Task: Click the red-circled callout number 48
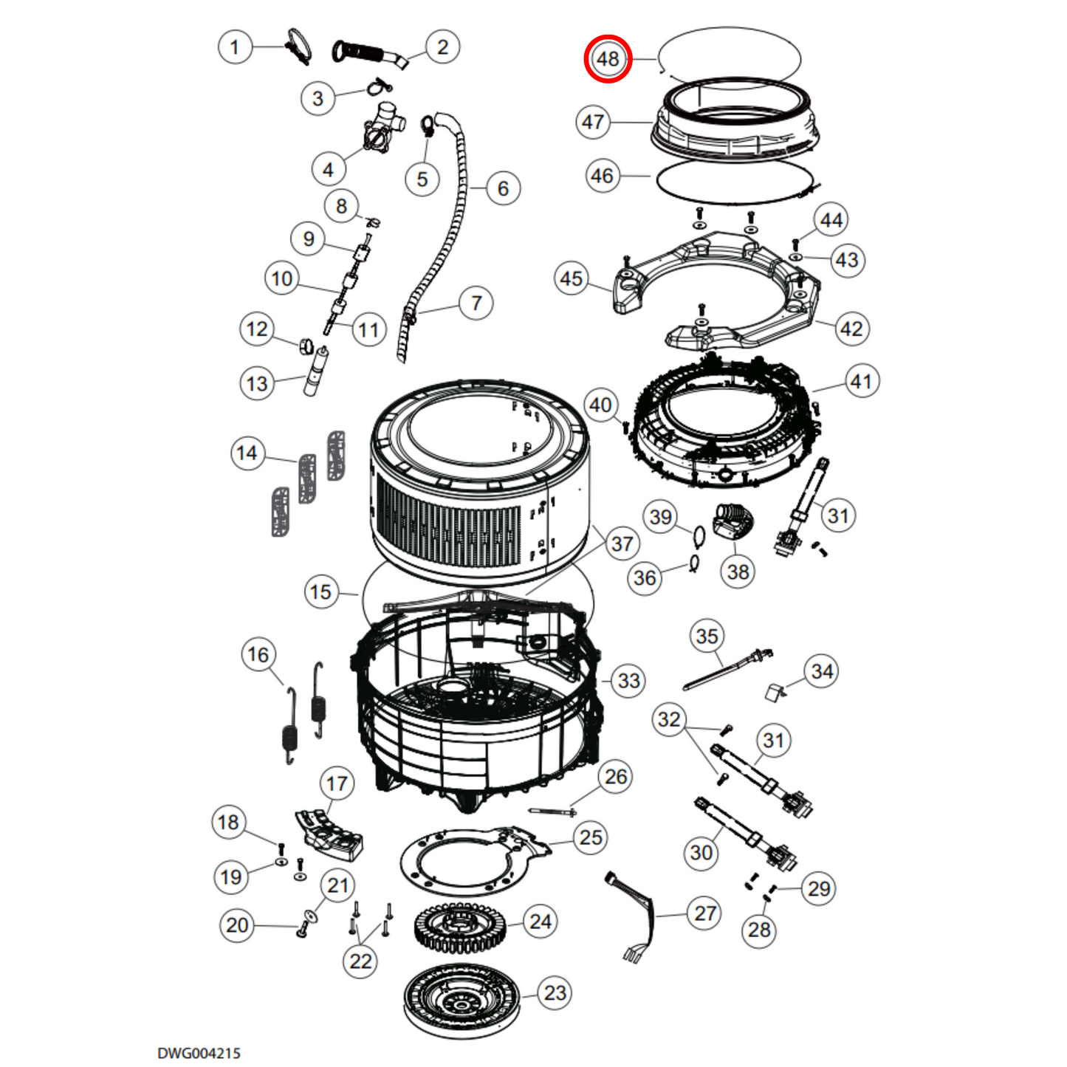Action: pyautogui.click(x=608, y=58)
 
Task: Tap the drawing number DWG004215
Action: pyautogui.click(x=199, y=1053)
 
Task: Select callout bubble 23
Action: pyautogui.click(x=555, y=993)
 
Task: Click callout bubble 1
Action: pyautogui.click(x=235, y=47)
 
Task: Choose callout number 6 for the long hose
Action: pyautogui.click(x=502, y=188)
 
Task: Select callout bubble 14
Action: pyautogui.click(x=247, y=453)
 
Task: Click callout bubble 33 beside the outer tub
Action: pyautogui.click(x=628, y=681)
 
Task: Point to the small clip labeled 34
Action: pyautogui.click(x=776, y=692)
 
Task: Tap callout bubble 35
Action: pyautogui.click(x=707, y=637)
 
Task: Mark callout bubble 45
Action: pyautogui.click(x=572, y=278)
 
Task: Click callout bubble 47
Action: pyautogui.click(x=592, y=122)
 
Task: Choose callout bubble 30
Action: pyautogui.click(x=701, y=852)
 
